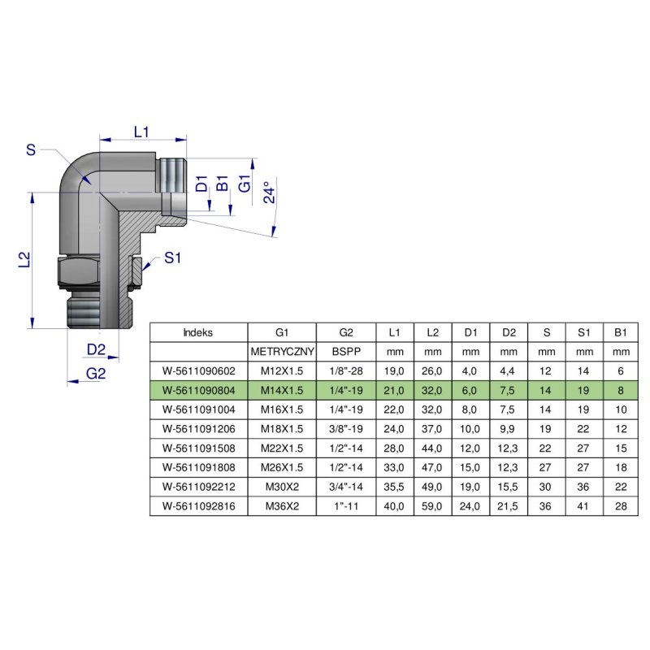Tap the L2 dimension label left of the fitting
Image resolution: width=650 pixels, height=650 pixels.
pyautogui.click(x=25, y=259)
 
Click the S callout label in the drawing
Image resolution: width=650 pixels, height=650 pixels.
pyautogui.click(x=31, y=149)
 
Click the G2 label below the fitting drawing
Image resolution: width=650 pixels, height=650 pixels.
pyautogui.click(x=96, y=373)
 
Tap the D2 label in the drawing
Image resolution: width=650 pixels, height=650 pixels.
pyautogui.click(x=96, y=349)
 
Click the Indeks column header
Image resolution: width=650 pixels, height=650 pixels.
pyautogui.click(x=198, y=332)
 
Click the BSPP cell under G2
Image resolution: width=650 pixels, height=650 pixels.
pyautogui.click(x=345, y=353)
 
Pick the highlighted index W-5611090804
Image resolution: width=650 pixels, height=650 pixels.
pyautogui.click(x=198, y=390)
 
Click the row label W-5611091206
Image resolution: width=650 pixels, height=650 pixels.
pyautogui.click(x=198, y=429)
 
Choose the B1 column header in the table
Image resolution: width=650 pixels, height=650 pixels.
pyautogui.click(x=621, y=332)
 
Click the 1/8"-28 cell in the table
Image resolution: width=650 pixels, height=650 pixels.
pyautogui.click(x=345, y=371)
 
